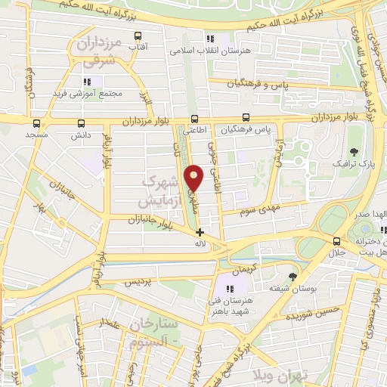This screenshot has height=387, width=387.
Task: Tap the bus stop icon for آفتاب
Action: click(138, 36)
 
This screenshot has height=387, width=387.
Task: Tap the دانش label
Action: click(81, 134)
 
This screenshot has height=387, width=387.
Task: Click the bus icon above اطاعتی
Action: click(194, 119)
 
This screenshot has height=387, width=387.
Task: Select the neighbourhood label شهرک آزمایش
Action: click(161, 192)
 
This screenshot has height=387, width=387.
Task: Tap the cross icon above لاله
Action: click(200, 232)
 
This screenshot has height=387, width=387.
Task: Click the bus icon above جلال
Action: click(338, 240)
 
